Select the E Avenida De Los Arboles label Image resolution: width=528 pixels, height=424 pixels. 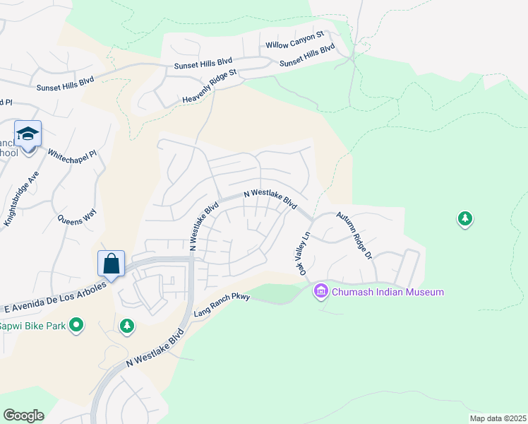(x=54, y=298)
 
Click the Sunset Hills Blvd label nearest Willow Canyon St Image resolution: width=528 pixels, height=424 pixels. (x=307, y=57)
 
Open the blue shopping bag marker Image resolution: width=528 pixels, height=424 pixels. (x=112, y=264)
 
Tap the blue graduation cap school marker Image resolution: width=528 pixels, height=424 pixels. (x=28, y=134)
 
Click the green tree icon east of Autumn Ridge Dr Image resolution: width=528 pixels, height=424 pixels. (x=464, y=219)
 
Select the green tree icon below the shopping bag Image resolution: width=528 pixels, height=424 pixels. (x=127, y=326)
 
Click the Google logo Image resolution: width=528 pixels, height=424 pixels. (x=23, y=415)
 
